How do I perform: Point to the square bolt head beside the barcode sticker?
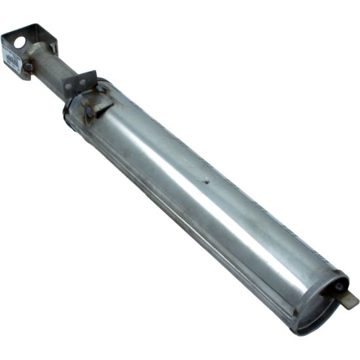pos(28,67)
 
